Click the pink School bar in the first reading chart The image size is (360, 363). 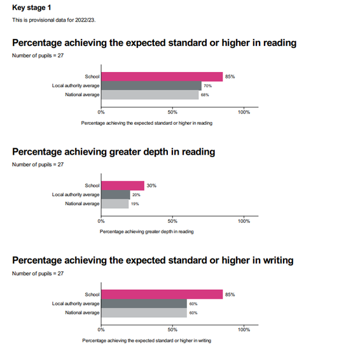coord(162,76)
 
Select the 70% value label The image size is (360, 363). coord(207,86)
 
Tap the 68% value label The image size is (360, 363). coord(205,95)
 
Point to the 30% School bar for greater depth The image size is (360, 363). coord(123,186)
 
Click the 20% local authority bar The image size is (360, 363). coord(116,195)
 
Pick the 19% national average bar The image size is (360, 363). coord(115,204)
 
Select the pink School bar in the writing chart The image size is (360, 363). coord(162,294)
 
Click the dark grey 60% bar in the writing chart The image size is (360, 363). coord(144,304)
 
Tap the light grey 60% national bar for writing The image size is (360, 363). coord(144,313)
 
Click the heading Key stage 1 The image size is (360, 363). coord(31,8)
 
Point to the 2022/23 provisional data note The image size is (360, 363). coord(54,20)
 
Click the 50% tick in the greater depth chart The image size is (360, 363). coord(172,221)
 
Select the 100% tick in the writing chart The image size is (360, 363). coord(244,330)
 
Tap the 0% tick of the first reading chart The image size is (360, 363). coord(101,112)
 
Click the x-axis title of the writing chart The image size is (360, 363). coord(146,341)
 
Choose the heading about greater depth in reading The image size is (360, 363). coord(113,152)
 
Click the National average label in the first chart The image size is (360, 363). coord(82,95)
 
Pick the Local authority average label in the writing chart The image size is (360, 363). coord(76,304)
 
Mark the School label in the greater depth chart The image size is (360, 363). coord(92,186)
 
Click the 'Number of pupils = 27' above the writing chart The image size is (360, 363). coord(38,274)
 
